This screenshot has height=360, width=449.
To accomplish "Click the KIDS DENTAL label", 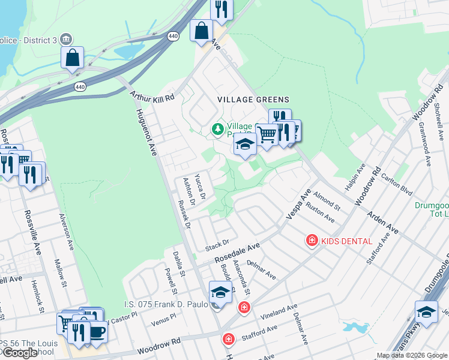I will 346,241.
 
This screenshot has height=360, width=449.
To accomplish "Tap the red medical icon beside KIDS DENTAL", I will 312,241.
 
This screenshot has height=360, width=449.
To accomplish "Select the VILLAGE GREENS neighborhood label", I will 253,100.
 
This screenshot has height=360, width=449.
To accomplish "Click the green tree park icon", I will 217,129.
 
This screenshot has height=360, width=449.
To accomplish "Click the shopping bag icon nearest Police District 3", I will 72,58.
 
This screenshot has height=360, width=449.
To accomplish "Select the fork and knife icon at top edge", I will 221,9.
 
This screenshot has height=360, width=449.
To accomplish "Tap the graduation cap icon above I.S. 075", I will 220,292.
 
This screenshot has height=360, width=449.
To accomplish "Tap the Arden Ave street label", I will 382,221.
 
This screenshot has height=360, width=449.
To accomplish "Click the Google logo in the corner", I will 19,353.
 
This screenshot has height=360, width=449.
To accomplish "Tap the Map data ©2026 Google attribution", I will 412,355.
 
